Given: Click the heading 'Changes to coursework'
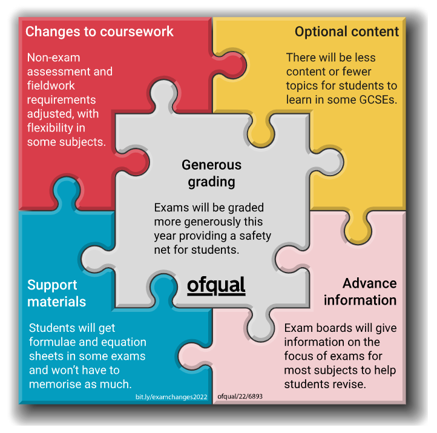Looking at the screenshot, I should [100, 31].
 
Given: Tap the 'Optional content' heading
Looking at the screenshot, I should [347, 31].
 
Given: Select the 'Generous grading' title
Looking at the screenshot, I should [211, 173].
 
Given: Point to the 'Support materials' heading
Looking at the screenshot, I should [56, 293].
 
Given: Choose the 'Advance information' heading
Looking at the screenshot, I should [360, 291].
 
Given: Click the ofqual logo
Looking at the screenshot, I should [216, 285].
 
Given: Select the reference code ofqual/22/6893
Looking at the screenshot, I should [240, 397].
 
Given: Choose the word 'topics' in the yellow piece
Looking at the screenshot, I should [306, 85].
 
